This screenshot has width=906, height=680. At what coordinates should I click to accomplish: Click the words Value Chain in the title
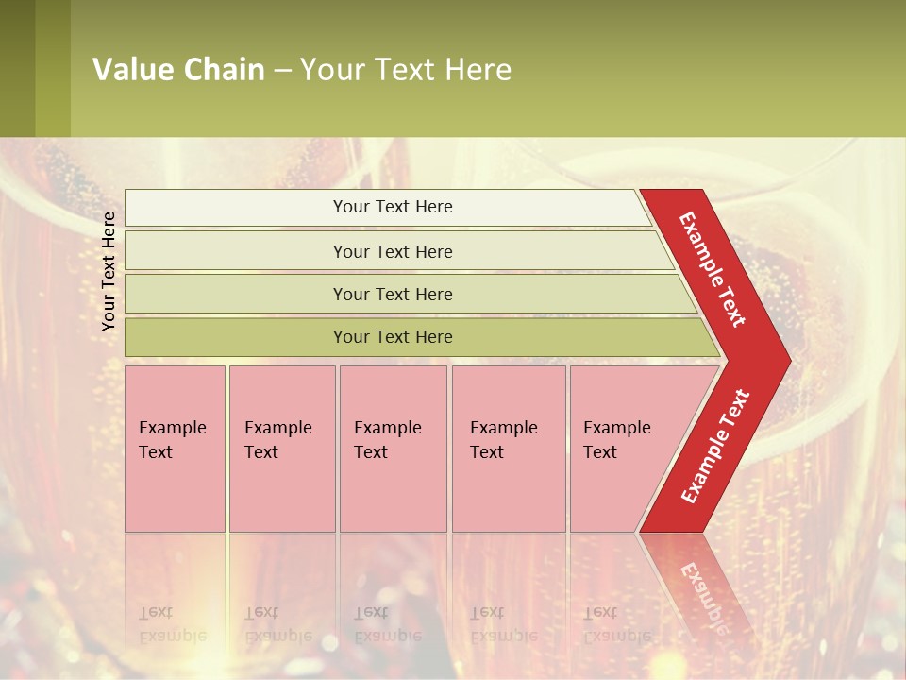point(178,70)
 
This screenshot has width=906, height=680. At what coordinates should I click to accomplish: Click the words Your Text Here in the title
point(406,70)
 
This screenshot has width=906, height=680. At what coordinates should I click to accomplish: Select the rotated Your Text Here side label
point(109,271)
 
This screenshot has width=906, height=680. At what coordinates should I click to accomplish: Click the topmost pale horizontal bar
point(393,207)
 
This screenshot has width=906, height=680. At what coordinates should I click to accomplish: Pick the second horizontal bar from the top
point(393,251)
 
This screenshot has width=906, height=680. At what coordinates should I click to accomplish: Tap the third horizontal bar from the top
point(393,294)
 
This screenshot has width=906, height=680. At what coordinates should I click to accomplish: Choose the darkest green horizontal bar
point(393,337)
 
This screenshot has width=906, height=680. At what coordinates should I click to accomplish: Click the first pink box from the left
point(175,449)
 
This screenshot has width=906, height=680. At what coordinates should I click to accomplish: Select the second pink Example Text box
point(281,449)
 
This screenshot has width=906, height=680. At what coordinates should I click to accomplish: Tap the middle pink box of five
point(393,449)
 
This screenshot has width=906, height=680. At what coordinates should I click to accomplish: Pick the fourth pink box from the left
point(508,449)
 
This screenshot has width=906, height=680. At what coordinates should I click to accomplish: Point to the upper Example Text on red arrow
point(713,269)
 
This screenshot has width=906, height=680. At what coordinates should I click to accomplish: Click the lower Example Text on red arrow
point(716,446)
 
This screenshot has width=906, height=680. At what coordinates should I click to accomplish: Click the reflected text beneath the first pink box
point(171,624)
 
